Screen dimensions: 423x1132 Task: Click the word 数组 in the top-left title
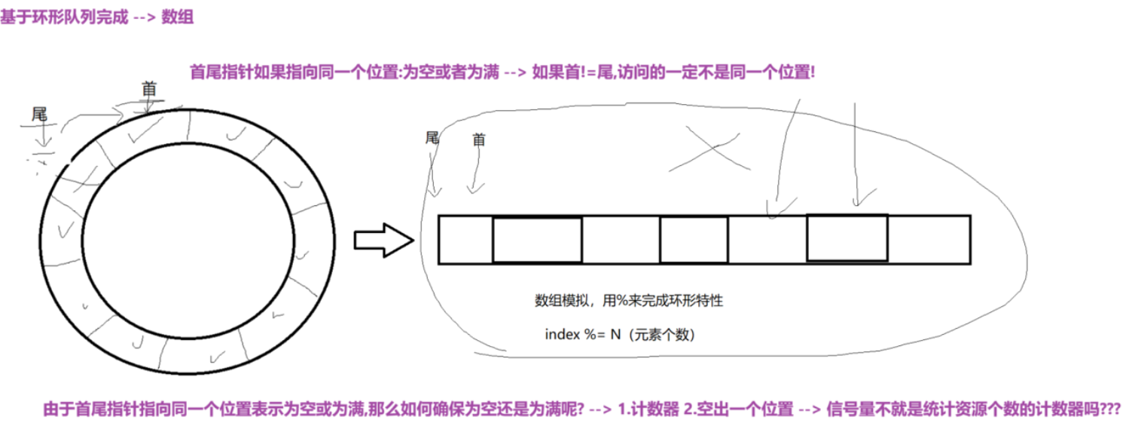tap(178, 17)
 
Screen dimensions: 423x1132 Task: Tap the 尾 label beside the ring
tap(39, 115)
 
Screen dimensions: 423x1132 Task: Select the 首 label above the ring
tap(148, 90)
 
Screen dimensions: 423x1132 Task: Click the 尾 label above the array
tap(432, 137)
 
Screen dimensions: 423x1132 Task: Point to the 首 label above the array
tap(478, 139)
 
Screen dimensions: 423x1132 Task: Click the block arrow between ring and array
tap(383, 240)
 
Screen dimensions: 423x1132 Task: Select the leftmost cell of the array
tap(465, 240)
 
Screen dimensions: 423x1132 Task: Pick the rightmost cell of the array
tap(929, 240)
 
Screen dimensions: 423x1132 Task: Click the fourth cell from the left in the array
tap(694, 240)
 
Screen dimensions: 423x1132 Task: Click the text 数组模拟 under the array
tap(565, 301)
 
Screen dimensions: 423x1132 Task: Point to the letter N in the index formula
tap(615, 334)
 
